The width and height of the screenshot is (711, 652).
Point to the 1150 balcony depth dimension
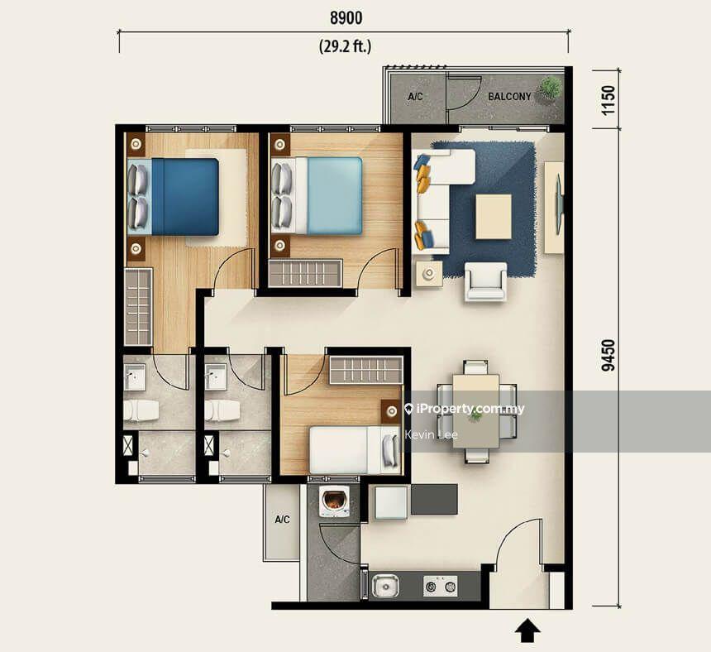click(x=608, y=98)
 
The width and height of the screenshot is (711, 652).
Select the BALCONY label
click(x=509, y=97)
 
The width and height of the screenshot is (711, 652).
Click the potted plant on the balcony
click(x=549, y=88)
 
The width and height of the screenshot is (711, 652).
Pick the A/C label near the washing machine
click(x=282, y=520)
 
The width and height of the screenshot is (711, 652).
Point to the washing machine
click(x=334, y=501)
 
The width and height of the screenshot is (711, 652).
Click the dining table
click(x=475, y=411)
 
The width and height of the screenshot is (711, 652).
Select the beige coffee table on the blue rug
click(x=493, y=216)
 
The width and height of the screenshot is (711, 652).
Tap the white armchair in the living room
click(x=485, y=280)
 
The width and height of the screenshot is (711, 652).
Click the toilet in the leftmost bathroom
click(x=141, y=409)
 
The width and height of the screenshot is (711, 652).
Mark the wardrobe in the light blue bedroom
click(x=305, y=273)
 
